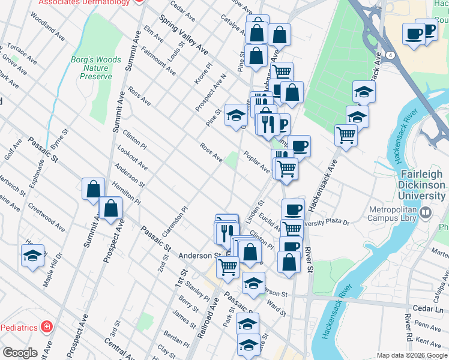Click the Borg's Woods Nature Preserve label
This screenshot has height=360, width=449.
95,68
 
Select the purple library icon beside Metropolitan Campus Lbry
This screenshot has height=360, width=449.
426,212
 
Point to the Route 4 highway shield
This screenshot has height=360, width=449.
391,55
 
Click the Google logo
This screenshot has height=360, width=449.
20,353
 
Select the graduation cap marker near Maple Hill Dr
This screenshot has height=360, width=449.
33,255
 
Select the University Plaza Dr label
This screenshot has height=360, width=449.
325,222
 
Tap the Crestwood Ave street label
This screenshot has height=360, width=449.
47,217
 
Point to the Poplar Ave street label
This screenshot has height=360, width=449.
256,162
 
